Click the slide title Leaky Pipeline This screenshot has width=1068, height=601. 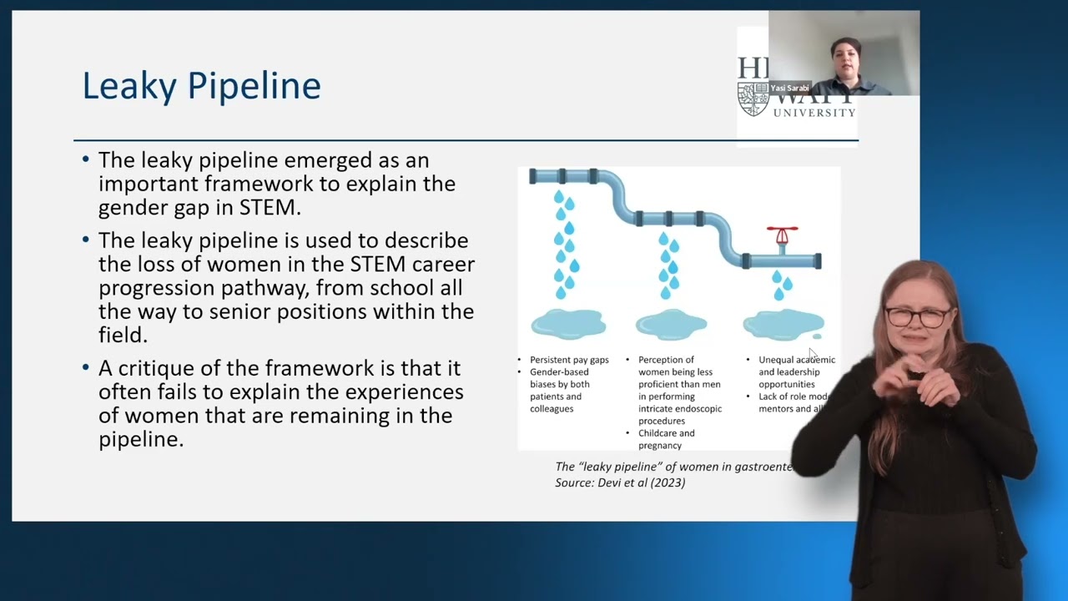[201, 86]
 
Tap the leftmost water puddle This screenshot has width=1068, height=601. [568, 324]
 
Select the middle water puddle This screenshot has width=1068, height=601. [672, 324]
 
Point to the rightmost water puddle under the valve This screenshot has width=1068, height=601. [783, 324]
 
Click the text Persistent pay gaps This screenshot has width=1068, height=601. [569, 360]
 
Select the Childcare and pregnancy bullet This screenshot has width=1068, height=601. [666, 439]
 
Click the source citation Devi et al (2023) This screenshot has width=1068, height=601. [620, 482]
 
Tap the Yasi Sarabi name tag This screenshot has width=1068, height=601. [788, 88]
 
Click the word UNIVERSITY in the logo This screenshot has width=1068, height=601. [814, 113]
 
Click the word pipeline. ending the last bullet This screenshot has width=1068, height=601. [141, 439]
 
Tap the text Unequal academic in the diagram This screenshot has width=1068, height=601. [796, 360]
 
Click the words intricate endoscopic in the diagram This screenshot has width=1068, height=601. [680, 409]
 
